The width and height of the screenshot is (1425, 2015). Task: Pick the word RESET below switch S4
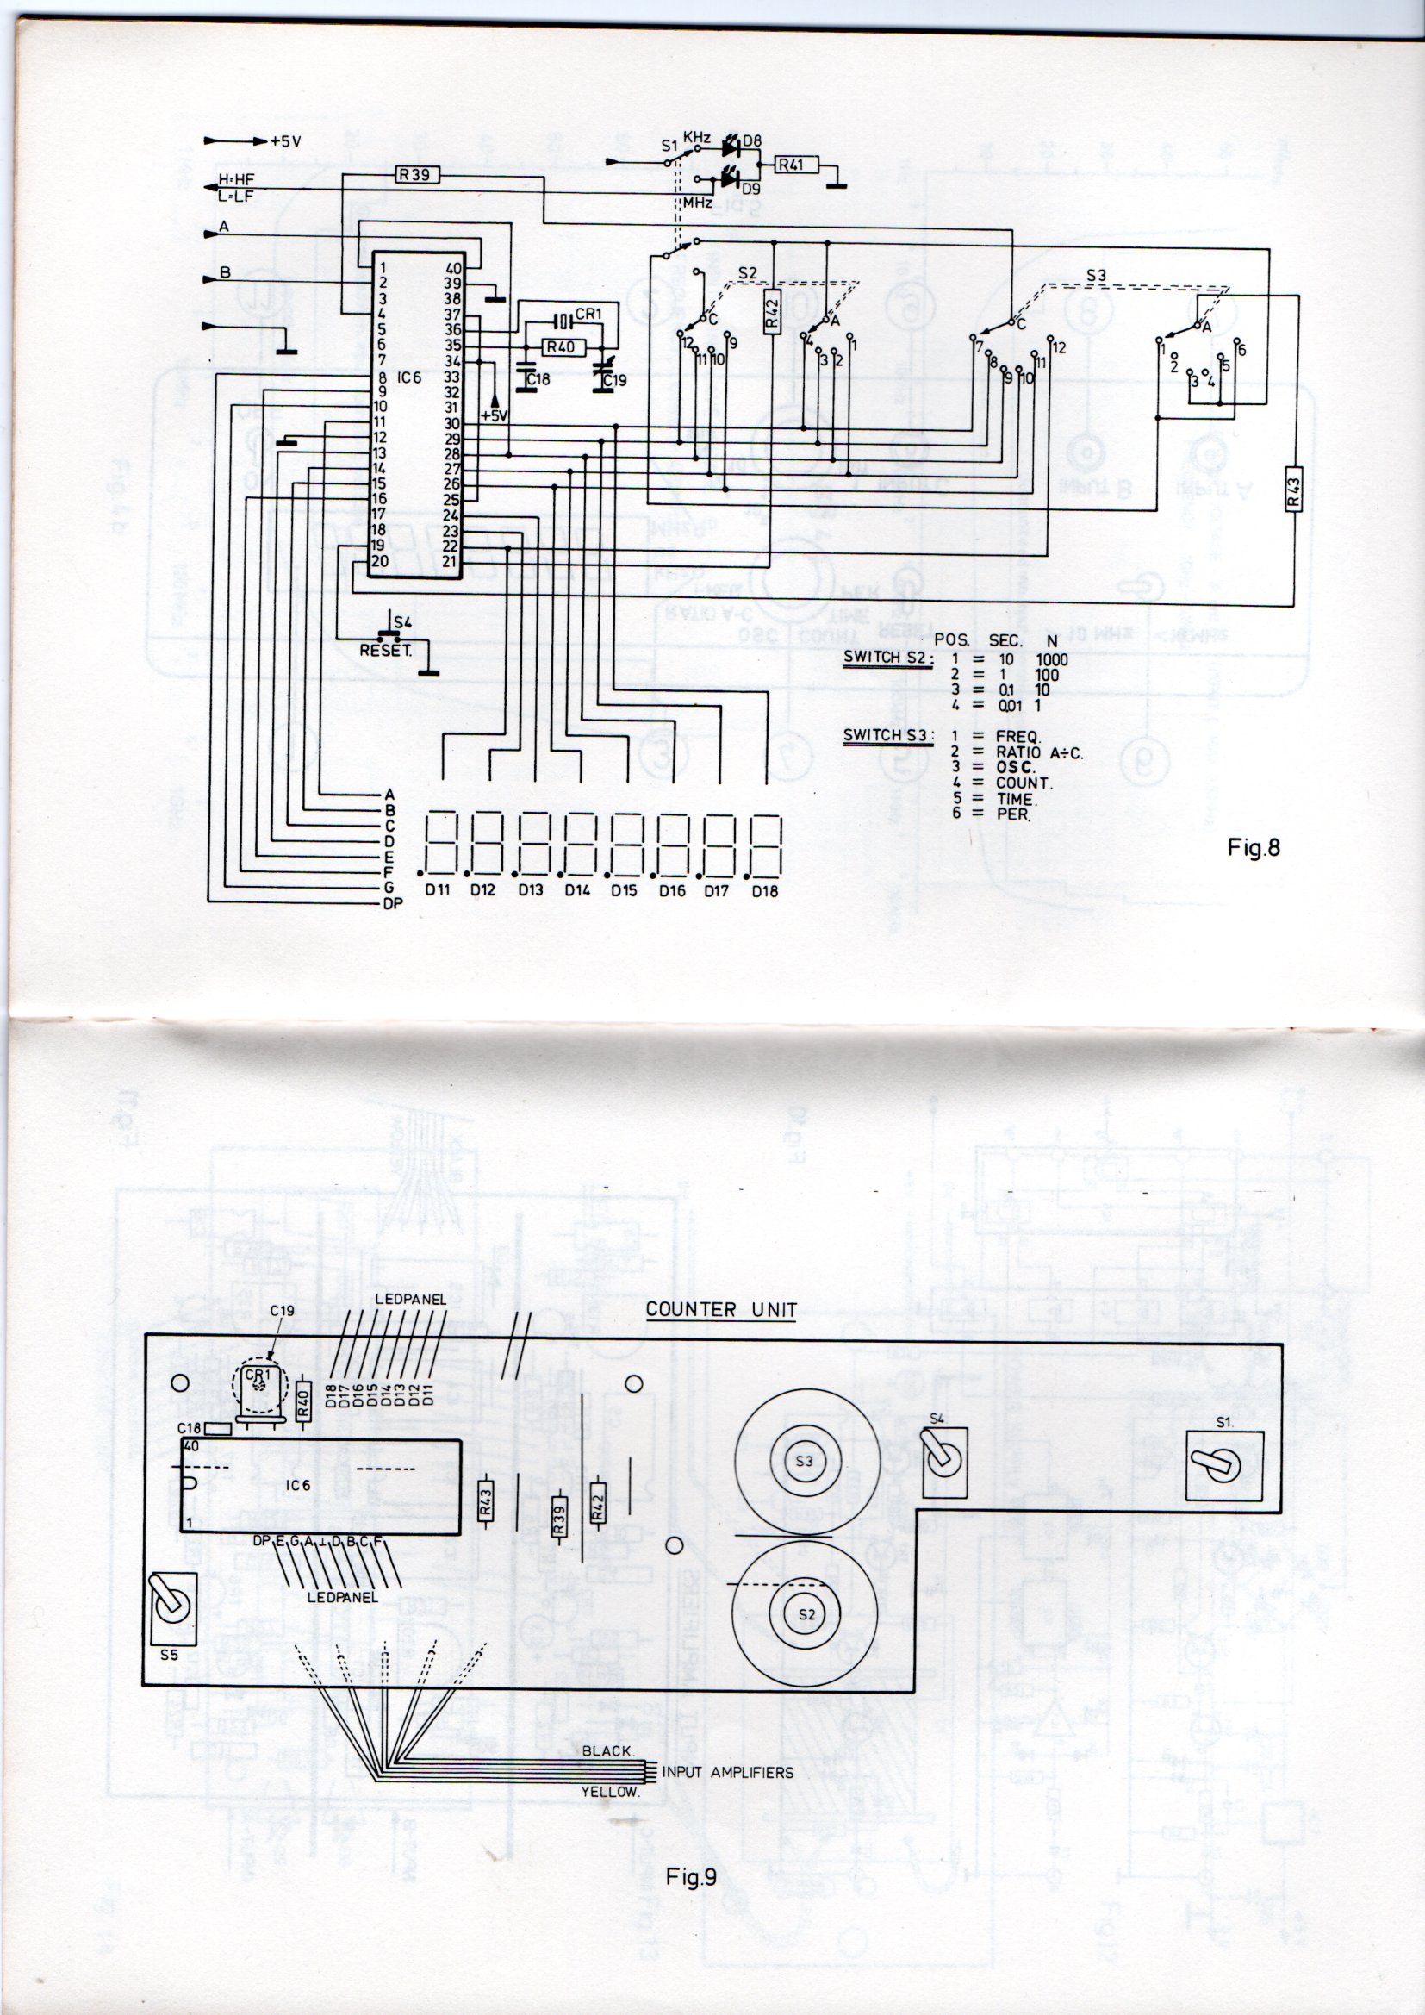386,652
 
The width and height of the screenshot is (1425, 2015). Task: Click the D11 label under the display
437,890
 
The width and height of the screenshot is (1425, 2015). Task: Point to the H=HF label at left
236,181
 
